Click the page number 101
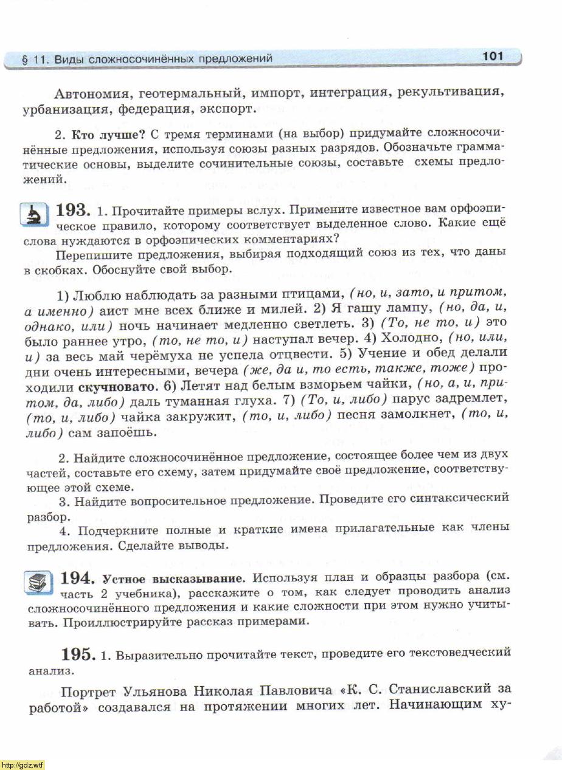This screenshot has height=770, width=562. pos(493,56)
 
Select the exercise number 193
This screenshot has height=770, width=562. pos(74,210)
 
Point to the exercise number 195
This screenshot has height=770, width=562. pos(78,655)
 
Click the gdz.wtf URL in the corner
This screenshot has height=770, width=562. pos(23,765)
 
